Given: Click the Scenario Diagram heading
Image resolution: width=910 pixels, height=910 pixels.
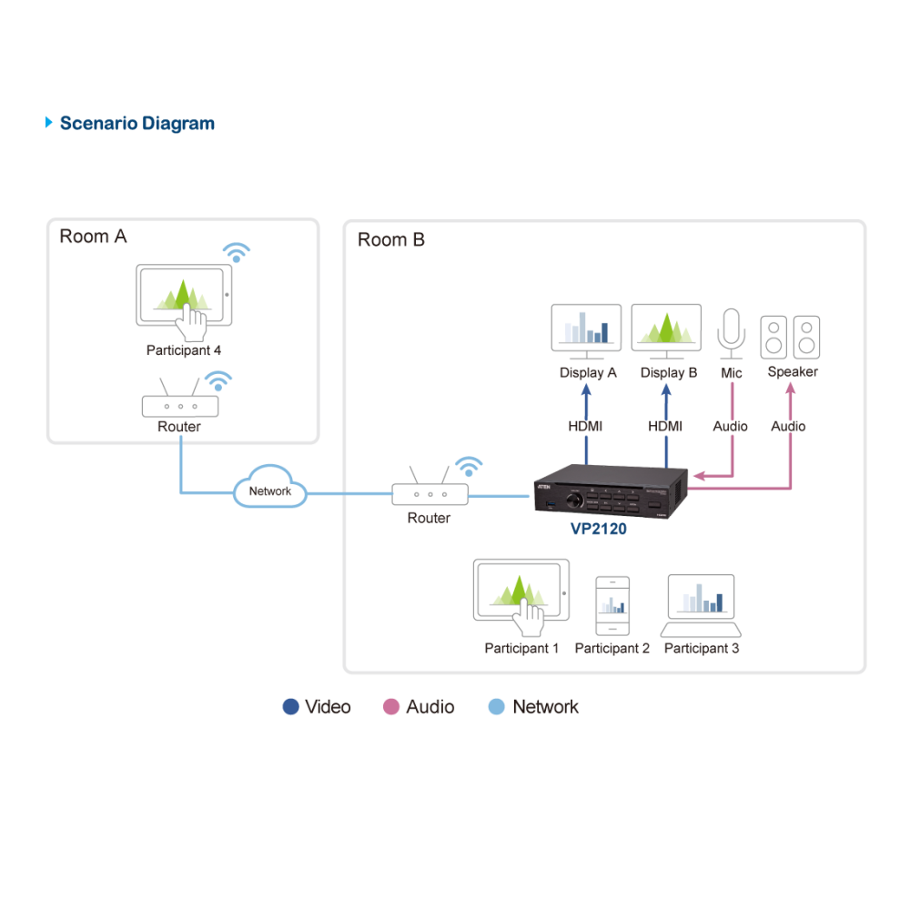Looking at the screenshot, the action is click(x=137, y=124).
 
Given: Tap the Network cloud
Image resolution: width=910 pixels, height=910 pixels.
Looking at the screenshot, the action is click(x=270, y=488).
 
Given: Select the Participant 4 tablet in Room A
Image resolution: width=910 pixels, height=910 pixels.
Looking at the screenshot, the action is click(x=184, y=296).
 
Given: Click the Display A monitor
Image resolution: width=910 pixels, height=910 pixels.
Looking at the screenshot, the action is click(x=586, y=331).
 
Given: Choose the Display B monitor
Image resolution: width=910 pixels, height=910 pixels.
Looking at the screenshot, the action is click(x=666, y=331).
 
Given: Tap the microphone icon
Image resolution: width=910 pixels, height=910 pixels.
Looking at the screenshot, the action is click(x=731, y=334).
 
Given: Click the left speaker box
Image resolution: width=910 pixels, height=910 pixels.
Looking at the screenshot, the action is click(x=773, y=338).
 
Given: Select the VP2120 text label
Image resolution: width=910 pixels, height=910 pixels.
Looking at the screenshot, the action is click(x=599, y=529).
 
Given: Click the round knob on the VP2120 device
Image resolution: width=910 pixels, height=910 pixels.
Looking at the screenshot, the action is click(x=574, y=500).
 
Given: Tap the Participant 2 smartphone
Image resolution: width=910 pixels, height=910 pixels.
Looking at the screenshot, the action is click(x=612, y=606).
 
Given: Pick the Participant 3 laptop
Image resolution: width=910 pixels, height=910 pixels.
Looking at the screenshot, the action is click(x=701, y=605).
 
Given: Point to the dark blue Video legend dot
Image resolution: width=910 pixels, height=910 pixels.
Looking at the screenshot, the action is click(x=291, y=706).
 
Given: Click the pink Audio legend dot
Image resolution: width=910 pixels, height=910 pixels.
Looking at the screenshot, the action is click(x=391, y=706).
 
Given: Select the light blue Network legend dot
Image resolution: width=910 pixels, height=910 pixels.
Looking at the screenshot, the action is click(x=497, y=706).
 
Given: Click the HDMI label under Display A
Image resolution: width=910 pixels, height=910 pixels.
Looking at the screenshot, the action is click(x=585, y=427).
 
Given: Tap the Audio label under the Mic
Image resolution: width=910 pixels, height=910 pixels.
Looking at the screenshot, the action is click(x=730, y=427).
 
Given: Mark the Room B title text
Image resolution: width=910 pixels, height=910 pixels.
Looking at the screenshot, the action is click(x=391, y=239).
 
